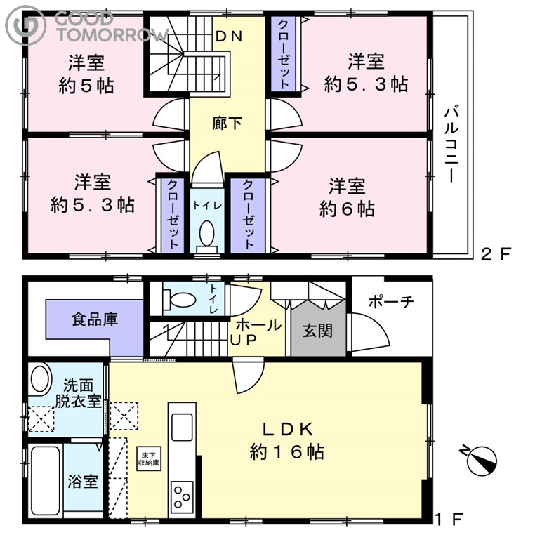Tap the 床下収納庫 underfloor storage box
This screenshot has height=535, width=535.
tap(149, 459)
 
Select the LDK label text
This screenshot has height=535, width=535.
tap(287, 429)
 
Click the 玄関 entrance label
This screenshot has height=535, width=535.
tap(317, 331)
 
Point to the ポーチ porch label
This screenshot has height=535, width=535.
tap(391, 302)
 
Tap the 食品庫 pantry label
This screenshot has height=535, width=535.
tap(95, 319)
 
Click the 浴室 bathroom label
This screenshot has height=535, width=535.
tap(83, 482)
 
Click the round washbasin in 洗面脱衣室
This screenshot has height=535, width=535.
tap(41, 378)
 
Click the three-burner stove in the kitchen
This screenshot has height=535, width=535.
tap(182, 496)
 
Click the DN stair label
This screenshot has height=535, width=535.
tap(229, 37)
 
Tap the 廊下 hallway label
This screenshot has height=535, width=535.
tap(227, 123)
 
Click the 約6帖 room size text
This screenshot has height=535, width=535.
tap(347, 209)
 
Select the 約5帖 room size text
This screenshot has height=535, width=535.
tap(86, 86)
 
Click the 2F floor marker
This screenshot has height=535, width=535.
tap(496, 254)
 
